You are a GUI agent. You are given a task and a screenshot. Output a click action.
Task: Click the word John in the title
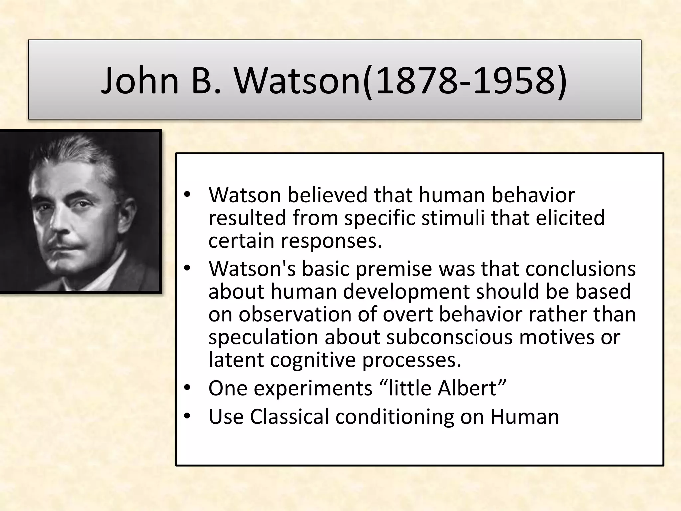pyautogui.click(x=140, y=81)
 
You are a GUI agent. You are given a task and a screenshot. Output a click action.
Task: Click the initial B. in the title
pyautogui.click(x=206, y=81)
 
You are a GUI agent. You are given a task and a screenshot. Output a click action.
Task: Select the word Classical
pyautogui.click(x=289, y=417)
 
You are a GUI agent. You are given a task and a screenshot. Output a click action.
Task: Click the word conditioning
pyautogui.click(x=394, y=417)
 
